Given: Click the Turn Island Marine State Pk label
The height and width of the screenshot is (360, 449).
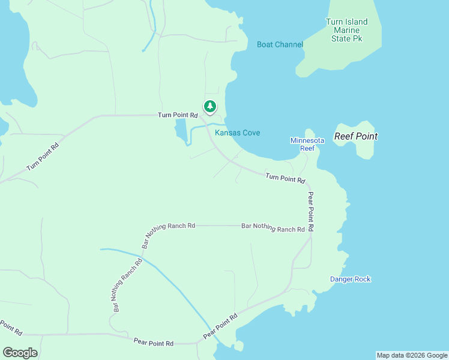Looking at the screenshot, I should pos(346,30).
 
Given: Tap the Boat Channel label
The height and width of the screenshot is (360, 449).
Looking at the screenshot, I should pos(280,44).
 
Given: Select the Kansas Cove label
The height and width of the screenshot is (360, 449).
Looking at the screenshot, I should pos(238,133).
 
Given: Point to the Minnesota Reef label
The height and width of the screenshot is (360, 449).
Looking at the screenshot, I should pos(307,144).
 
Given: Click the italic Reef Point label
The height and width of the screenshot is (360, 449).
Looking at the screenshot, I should pos(356,136).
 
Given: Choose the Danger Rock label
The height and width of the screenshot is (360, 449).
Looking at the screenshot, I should pos(351,279).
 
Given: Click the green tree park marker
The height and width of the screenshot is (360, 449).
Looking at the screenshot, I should pos(209,107).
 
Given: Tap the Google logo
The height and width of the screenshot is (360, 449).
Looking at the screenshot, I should pos(20,352).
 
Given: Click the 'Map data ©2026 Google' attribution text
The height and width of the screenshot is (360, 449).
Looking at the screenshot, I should pos(412,355).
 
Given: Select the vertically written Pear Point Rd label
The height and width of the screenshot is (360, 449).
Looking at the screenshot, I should pos(310,212).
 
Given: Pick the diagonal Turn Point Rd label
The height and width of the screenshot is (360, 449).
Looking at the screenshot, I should pos(43,157).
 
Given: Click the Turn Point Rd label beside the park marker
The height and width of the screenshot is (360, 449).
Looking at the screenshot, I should pos(178,115).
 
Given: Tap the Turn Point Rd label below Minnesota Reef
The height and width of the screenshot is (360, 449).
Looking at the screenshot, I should pos(285,178).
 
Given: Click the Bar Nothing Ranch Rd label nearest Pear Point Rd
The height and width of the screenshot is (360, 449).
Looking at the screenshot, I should pos(273,228).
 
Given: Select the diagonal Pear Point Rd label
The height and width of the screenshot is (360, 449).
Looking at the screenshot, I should pos(221,326).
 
